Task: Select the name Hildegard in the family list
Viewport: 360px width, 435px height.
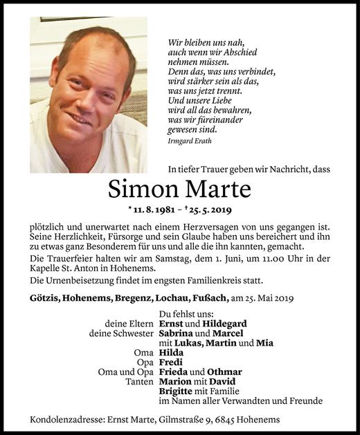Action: click(224, 323)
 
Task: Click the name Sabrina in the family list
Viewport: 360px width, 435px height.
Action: click(179, 333)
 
